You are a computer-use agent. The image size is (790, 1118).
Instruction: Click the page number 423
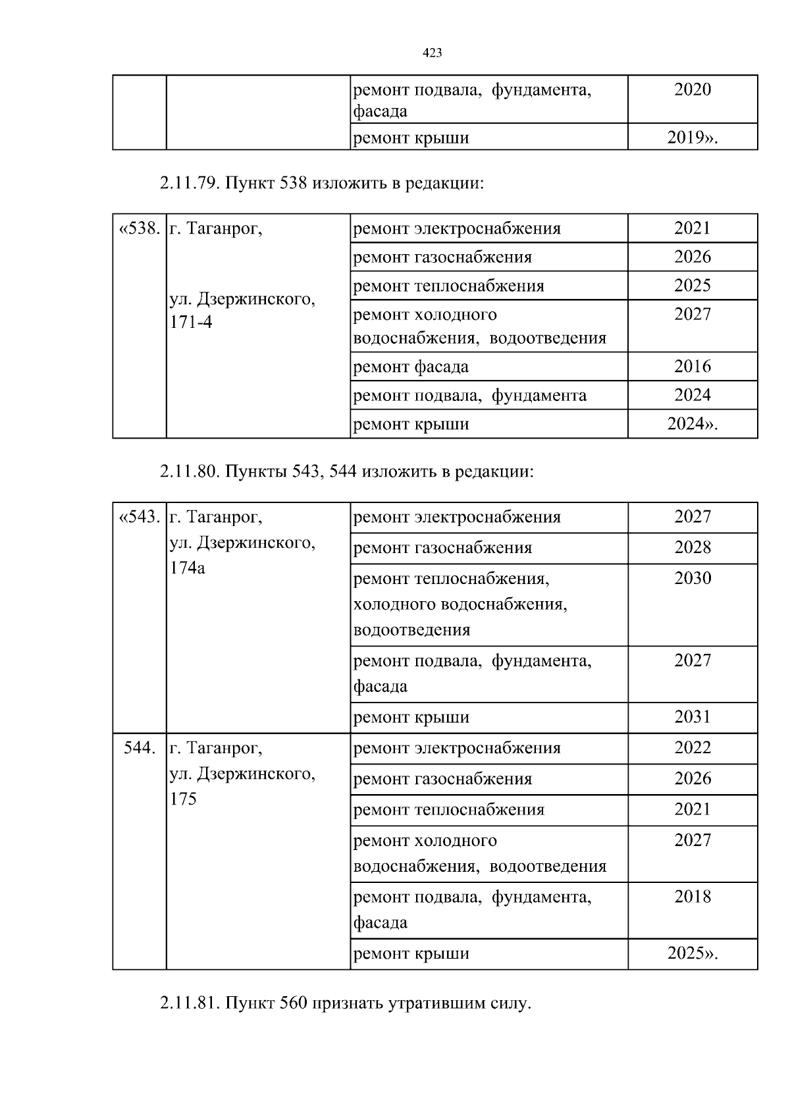[431, 53]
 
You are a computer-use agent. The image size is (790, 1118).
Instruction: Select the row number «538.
[139, 228]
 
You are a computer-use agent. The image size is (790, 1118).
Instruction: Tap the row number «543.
[139, 517]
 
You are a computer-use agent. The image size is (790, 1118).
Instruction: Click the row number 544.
[139, 748]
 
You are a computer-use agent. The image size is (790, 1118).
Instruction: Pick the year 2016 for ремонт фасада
[692, 366]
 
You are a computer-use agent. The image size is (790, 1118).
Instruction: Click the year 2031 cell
[692, 716]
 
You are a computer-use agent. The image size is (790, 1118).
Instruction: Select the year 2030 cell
[692, 578]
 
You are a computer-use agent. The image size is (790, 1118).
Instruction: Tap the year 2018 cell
[692, 896]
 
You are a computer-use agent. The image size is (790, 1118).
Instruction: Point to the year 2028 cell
[692, 547]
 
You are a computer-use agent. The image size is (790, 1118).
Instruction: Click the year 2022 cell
[692, 747]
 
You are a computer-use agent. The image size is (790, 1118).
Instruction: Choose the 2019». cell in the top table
[692, 138]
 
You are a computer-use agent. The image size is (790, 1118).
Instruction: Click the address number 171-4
[191, 323]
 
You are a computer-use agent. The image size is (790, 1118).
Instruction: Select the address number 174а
[187, 568]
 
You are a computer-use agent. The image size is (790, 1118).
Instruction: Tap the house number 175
[183, 799]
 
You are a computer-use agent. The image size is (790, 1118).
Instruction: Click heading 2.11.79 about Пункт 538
[321, 182]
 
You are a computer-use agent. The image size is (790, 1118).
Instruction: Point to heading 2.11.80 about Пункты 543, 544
[346, 471]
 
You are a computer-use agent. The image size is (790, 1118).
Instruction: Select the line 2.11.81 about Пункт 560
[344, 1003]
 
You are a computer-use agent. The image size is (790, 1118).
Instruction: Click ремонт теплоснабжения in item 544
[449, 810]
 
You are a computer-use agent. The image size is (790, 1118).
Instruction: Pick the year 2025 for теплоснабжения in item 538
[692, 285]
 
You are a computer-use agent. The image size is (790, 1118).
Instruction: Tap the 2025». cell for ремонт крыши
[692, 953]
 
